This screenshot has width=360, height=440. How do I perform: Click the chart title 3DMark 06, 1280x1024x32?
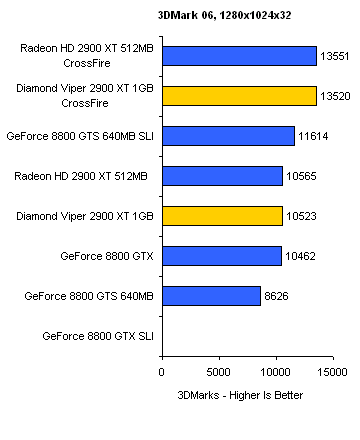pyautogui.click(x=224, y=15)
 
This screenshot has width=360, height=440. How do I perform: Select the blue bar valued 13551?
pyautogui.click(x=240, y=56)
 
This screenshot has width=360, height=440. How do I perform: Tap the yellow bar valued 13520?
pyautogui.click(x=240, y=96)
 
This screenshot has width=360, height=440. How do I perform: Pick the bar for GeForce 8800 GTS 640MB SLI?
pyautogui.click(x=229, y=136)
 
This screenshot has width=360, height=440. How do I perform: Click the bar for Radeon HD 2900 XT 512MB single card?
pyautogui.click(x=223, y=176)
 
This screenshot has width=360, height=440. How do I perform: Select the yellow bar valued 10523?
pyautogui.click(x=223, y=216)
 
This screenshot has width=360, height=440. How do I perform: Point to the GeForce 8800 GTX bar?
pyautogui.click(x=222, y=256)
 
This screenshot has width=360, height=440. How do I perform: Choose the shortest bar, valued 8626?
pyautogui.click(x=212, y=296)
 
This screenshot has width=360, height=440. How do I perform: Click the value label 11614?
pyautogui.click(x=313, y=136)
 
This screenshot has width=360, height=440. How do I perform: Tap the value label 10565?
pyautogui.click(x=301, y=176)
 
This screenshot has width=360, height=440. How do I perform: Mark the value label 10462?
pyautogui.click(x=300, y=256)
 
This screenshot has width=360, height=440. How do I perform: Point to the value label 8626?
pyautogui.click(x=276, y=296)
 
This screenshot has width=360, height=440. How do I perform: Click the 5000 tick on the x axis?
pyautogui.click(x=218, y=372)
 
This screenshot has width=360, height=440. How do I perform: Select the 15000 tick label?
pyautogui.click(x=332, y=372)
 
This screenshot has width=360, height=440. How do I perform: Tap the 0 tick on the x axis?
pyautogui.click(x=162, y=372)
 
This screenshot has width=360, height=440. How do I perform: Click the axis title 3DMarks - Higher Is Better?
pyautogui.click(x=240, y=395)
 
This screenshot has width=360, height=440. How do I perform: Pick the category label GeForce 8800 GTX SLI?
pyautogui.click(x=98, y=336)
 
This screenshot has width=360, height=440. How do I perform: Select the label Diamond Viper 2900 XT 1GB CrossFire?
pyautogui.click(x=85, y=96)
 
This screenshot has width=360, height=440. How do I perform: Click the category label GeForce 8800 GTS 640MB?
pyautogui.click(x=89, y=296)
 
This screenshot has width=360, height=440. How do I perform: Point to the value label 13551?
pyautogui.click(x=335, y=56)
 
